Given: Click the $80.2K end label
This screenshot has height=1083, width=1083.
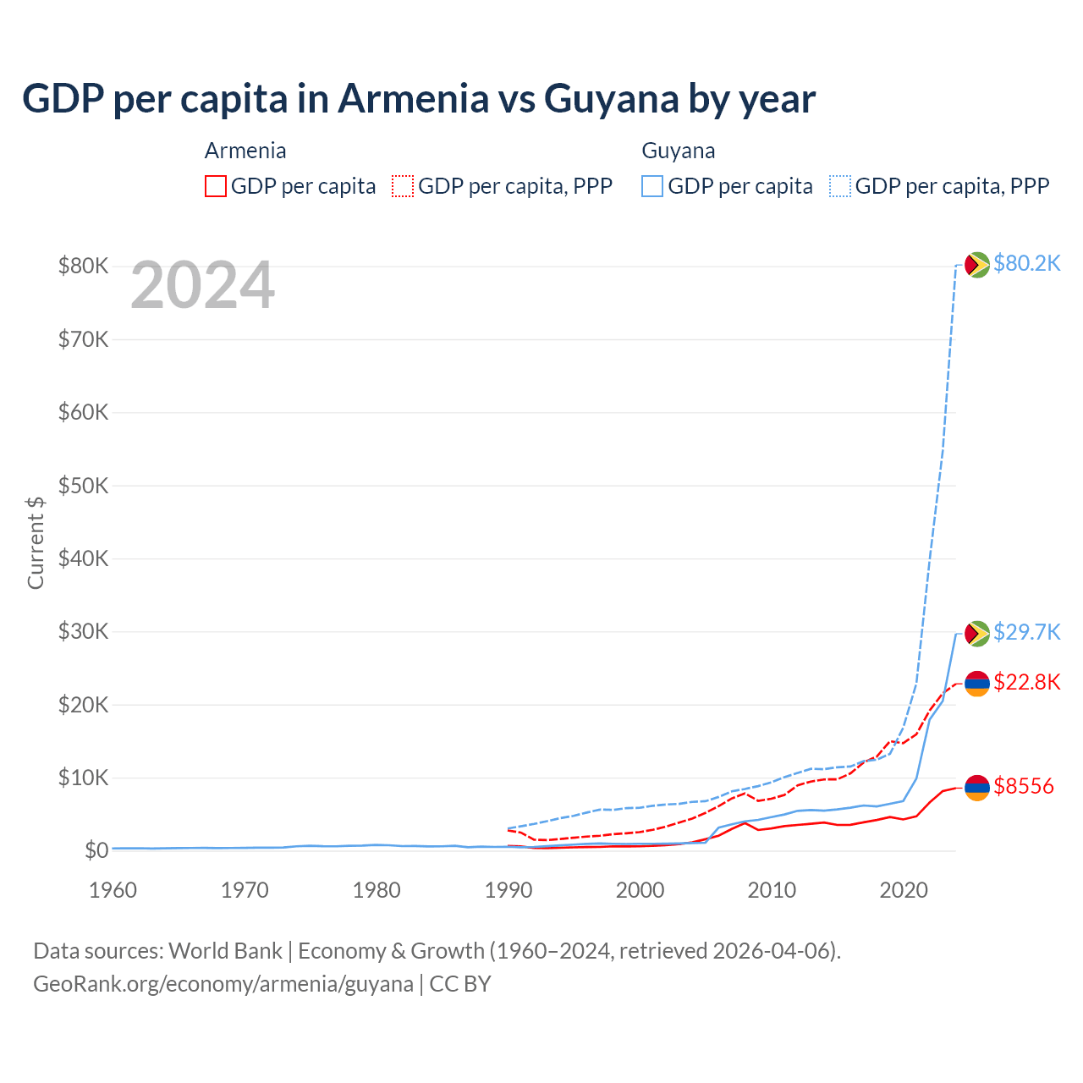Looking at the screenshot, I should point(1026,263).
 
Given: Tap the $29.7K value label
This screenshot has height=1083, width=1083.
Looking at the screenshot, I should point(1026,632).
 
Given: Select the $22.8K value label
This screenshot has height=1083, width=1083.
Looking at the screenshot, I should point(1026,682).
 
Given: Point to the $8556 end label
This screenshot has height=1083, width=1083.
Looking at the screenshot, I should point(1024,786).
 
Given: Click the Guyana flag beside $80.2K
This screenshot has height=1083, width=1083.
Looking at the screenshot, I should point(977,265).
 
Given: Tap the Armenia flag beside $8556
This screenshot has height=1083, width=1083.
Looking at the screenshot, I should point(977,788).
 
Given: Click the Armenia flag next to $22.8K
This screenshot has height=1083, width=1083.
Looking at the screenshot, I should point(977,684).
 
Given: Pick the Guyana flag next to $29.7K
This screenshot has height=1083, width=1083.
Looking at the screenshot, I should point(977,634).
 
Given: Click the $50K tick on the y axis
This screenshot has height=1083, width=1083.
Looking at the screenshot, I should point(83,486).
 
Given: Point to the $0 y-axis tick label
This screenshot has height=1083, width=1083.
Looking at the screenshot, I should point(96,850).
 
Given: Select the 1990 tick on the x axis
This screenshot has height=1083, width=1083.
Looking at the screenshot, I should point(509,890).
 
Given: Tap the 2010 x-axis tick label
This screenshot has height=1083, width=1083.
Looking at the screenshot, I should point(772,890).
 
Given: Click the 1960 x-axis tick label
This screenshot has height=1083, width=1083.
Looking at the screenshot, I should point(113,890).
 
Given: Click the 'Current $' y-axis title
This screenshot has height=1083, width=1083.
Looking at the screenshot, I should point(36,542).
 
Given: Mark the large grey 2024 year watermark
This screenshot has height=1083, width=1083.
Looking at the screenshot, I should point(203,286).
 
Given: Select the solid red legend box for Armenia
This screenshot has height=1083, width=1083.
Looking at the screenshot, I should point(216,186).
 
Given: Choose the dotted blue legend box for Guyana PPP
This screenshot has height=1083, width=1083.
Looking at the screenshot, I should point(840,186).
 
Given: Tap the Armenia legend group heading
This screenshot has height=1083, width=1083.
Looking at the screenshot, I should point(245,151).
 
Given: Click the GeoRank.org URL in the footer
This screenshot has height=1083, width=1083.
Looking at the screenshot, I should point(223,984).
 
